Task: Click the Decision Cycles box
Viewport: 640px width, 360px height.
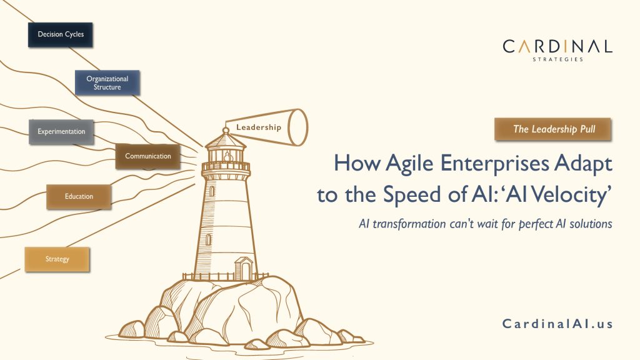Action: tap(60, 34)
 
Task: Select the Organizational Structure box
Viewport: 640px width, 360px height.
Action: tap(107, 82)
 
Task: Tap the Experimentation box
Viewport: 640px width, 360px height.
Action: tap(61, 131)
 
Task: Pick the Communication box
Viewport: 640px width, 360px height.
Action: tap(147, 156)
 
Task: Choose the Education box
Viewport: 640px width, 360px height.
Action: tap(79, 196)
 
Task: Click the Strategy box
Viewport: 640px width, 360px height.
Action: tap(57, 259)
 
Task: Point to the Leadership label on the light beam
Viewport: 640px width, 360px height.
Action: tap(258, 127)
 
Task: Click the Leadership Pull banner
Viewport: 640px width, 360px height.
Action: tap(552, 129)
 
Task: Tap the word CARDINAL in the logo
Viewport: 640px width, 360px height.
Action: tap(557, 46)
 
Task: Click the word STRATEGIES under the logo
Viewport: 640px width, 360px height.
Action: tap(558, 59)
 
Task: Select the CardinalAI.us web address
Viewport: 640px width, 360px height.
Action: tap(557, 324)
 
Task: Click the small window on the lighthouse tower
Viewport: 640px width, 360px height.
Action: tap(209, 240)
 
